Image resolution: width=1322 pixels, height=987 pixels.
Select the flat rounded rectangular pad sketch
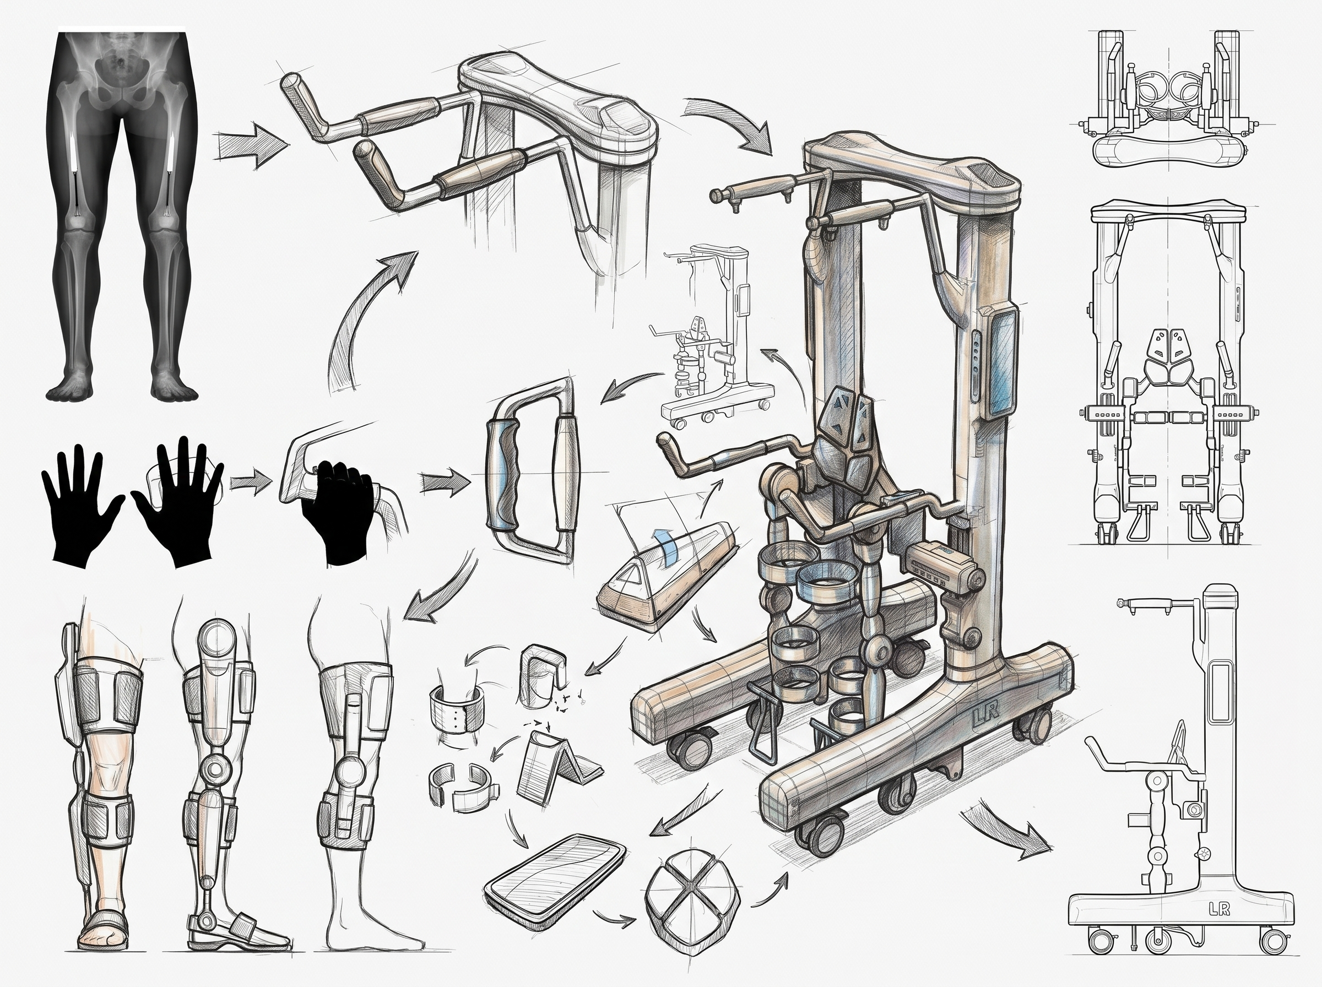point(556,874)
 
